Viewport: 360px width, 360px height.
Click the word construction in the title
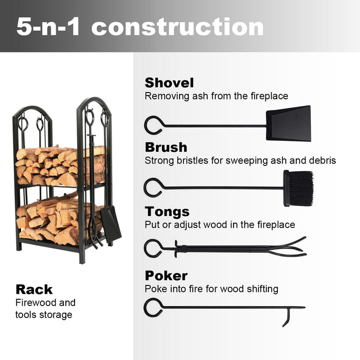pyautogui.click(x=177, y=27)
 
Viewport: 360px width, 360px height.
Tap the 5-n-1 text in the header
pyautogui.click(x=48, y=27)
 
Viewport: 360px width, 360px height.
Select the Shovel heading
pyautogui.click(x=169, y=83)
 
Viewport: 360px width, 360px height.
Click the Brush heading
pyautogui.click(x=166, y=147)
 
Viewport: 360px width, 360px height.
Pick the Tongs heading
pyautogui.click(x=167, y=211)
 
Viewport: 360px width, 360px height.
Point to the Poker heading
pyautogui.click(x=166, y=276)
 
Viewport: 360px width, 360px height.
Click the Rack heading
pyautogui.click(x=34, y=289)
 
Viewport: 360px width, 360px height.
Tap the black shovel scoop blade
pyautogui.click(x=289, y=123)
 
